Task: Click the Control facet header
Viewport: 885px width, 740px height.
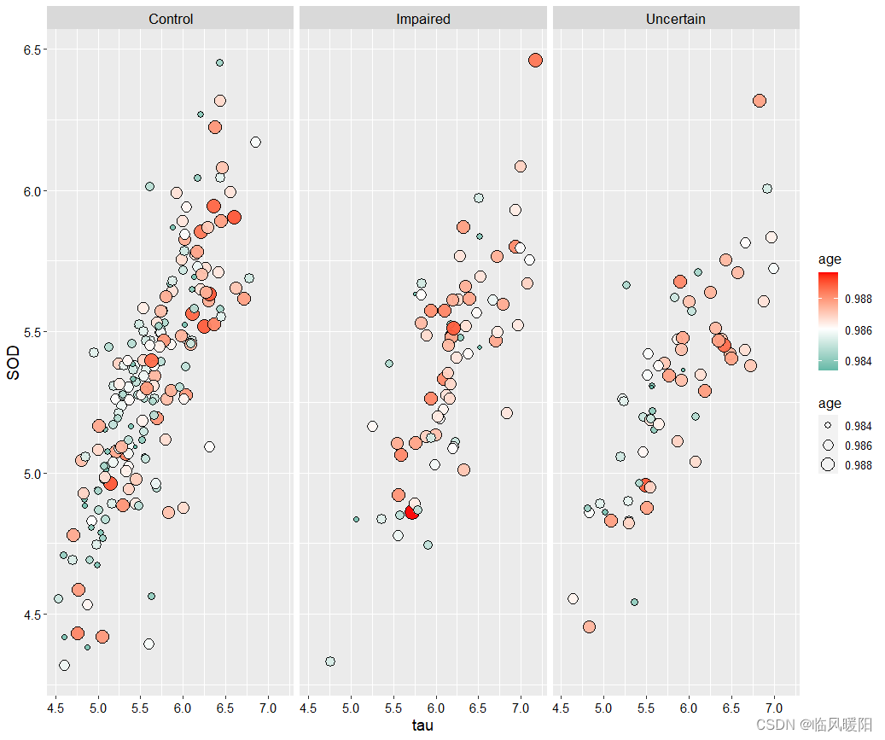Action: click(x=171, y=19)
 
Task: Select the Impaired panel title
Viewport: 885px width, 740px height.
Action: click(x=423, y=19)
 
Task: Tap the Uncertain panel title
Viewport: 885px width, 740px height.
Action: click(x=676, y=19)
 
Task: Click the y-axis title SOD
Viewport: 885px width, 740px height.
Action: click(x=14, y=368)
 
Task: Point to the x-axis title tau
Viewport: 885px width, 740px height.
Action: click(x=423, y=725)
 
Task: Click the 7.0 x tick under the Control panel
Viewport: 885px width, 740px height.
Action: click(x=268, y=708)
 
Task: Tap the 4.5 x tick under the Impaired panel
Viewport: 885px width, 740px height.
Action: click(x=309, y=708)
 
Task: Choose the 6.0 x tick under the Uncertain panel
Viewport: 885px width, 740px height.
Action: click(x=689, y=708)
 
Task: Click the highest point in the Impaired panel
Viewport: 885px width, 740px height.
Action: click(x=536, y=60)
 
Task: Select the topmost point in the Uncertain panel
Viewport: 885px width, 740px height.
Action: click(x=760, y=101)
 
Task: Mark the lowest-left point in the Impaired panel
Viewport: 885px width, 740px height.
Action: click(x=330, y=661)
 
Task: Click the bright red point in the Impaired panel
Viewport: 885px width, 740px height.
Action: click(x=411, y=512)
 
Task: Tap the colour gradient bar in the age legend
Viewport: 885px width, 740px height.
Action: click(x=829, y=321)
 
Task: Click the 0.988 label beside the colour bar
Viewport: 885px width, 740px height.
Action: click(x=858, y=299)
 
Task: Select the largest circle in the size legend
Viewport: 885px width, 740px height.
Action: click(x=828, y=465)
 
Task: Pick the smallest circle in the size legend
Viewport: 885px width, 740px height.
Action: click(x=828, y=426)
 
